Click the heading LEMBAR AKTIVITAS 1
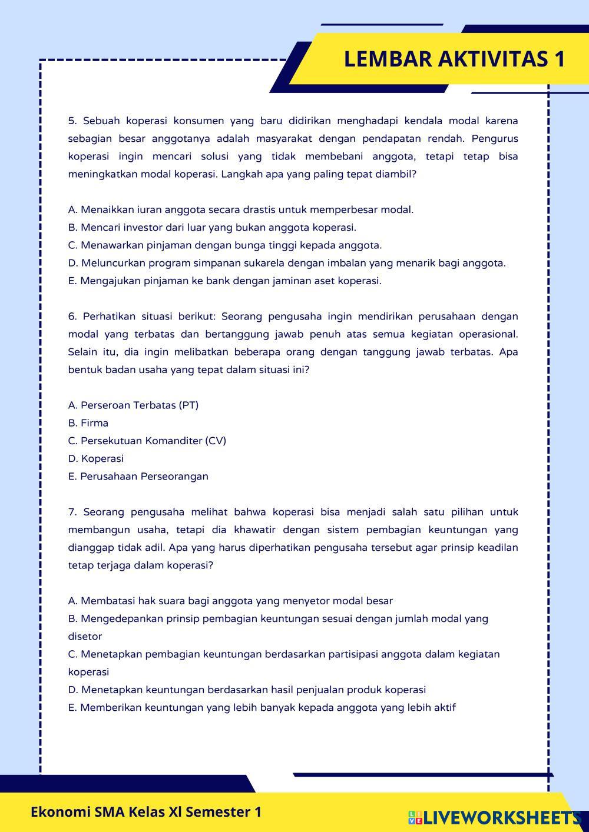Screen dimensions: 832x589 coord(454,59)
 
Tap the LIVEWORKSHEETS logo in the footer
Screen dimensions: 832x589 coord(495,817)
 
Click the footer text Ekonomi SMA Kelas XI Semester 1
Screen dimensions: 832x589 coord(146,812)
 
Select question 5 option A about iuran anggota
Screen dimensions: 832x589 coord(241,209)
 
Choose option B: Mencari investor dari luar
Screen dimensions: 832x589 coord(212,227)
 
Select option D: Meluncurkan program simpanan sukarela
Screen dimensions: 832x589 coord(287,263)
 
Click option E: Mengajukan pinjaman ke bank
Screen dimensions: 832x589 coord(225,281)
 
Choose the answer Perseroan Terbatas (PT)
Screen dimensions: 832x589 coord(134,405)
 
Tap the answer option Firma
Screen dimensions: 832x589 coord(88,422)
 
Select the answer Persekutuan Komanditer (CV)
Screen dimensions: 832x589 coord(147,441)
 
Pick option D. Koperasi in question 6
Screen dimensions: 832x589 coord(96,458)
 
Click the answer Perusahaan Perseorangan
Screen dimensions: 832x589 coord(138,476)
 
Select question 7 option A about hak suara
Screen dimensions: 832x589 coord(230,601)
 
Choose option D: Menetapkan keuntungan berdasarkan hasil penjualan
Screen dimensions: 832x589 coord(247,690)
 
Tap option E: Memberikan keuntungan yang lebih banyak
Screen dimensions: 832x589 coord(262,707)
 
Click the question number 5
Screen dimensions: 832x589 coord(72,121)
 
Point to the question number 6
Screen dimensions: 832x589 coord(72,317)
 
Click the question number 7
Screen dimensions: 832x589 coord(72,512)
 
